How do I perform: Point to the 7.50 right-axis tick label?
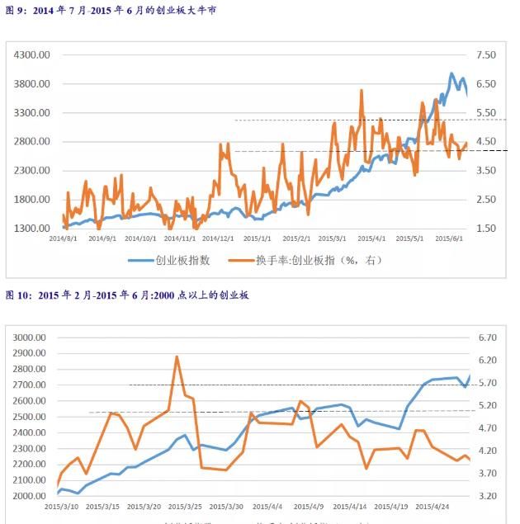[x=486, y=54]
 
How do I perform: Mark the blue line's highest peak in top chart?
[x=451, y=73]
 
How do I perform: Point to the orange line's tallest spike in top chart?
[x=362, y=91]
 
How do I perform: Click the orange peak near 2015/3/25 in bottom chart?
[x=177, y=356]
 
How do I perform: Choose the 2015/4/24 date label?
[x=433, y=507]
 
